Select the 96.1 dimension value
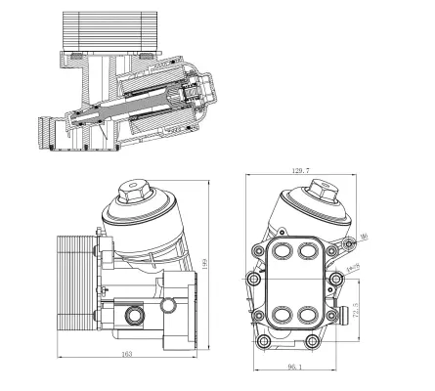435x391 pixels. click(294, 369)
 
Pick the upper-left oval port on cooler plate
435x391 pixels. click(283, 252)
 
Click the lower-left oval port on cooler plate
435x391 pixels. click(283, 316)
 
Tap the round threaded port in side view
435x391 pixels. click(134, 315)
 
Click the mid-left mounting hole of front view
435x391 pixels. click(254, 282)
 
